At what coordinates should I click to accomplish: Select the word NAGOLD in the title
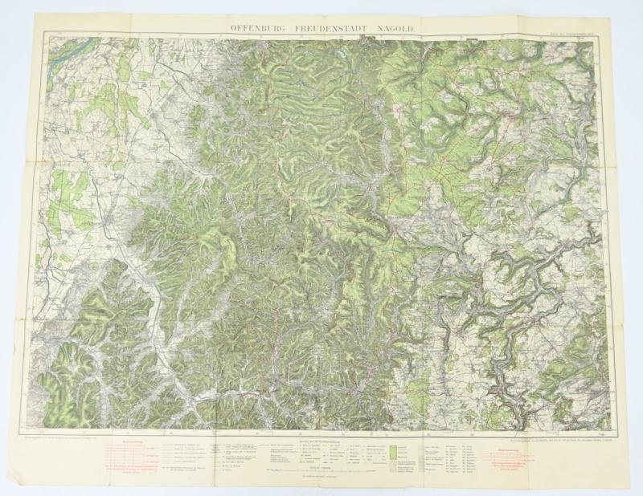394,28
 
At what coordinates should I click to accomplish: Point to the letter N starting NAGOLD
374,28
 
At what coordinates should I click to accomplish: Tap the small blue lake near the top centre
342,57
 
